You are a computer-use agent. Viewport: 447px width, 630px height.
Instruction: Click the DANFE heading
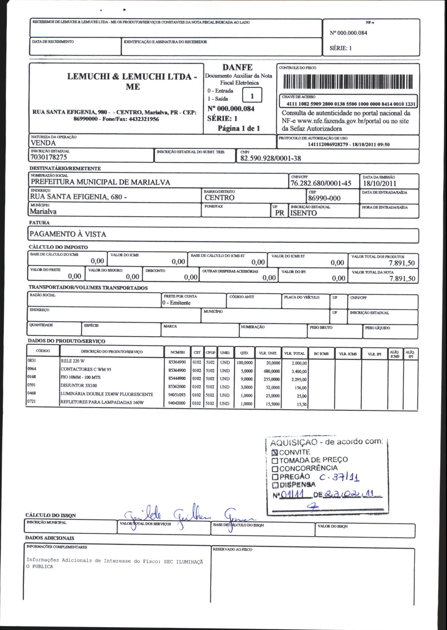tap(237, 67)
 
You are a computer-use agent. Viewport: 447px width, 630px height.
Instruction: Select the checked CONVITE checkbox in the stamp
tap(275, 452)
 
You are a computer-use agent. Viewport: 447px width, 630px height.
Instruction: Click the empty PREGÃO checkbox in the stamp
tap(275, 477)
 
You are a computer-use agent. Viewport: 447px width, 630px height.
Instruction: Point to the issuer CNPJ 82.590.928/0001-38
tap(270, 158)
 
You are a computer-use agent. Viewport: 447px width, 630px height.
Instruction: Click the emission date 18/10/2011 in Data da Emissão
tap(379, 183)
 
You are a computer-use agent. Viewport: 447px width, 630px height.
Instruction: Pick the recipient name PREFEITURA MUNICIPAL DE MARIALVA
tap(100, 182)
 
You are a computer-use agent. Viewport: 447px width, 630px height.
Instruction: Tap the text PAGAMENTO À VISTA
tap(68, 234)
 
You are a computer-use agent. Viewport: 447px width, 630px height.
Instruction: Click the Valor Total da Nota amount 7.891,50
tap(402, 278)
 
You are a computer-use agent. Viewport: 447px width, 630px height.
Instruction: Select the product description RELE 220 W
tap(73, 361)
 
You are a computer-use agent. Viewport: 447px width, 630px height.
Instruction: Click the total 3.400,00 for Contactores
tap(299, 372)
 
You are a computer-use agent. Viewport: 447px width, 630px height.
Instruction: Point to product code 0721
tap(32, 401)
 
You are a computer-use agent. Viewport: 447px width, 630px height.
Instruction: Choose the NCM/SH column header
tap(177, 352)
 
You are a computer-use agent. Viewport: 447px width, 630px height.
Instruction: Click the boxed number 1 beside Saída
tap(252, 96)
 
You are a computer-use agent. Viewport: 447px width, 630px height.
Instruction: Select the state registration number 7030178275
tap(49, 157)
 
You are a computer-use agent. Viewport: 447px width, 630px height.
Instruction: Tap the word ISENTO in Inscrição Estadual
tap(303, 213)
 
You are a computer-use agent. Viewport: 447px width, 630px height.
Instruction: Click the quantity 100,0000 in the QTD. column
tap(244, 363)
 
